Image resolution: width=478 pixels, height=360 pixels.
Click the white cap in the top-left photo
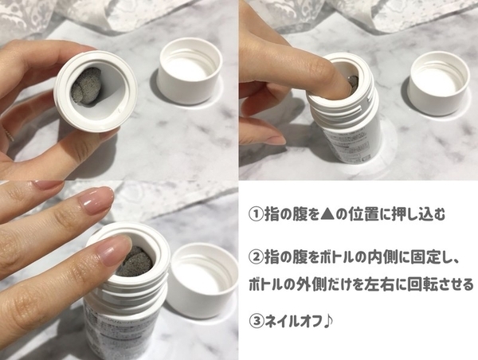[x=189, y=72]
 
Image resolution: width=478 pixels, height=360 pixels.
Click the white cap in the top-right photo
[x=439, y=83]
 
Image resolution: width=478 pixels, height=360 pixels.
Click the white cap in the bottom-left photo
[x=202, y=280]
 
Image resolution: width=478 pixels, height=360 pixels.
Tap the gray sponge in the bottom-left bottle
[x=134, y=261]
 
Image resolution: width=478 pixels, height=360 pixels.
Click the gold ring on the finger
[x=9, y=133]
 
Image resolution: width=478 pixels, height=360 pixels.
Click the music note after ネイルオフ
[x=327, y=321]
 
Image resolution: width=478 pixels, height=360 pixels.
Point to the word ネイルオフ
[x=293, y=321]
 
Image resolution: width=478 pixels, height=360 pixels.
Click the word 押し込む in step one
[x=417, y=214]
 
